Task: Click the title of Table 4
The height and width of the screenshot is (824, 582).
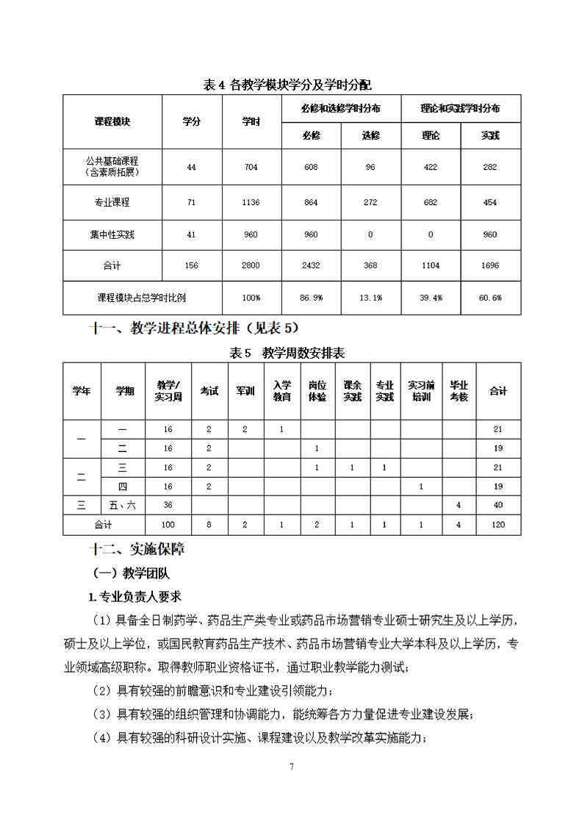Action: [292, 85]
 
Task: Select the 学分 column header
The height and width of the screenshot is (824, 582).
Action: [191, 121]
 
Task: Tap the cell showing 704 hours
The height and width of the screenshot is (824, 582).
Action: [251, 168]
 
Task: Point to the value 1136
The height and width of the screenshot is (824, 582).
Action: [251, 202]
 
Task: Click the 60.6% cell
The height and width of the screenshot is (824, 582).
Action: [490, 298]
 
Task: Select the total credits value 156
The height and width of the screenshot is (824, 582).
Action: [191, 265]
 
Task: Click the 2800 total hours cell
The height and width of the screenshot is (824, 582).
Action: [251, 265]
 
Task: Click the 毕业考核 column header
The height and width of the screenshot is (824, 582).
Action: [459, 391]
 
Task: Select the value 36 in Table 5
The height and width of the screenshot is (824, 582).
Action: [168, 504]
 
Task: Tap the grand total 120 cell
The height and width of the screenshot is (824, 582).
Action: [498, 525]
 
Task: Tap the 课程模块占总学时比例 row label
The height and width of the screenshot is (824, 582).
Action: [142, 298]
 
